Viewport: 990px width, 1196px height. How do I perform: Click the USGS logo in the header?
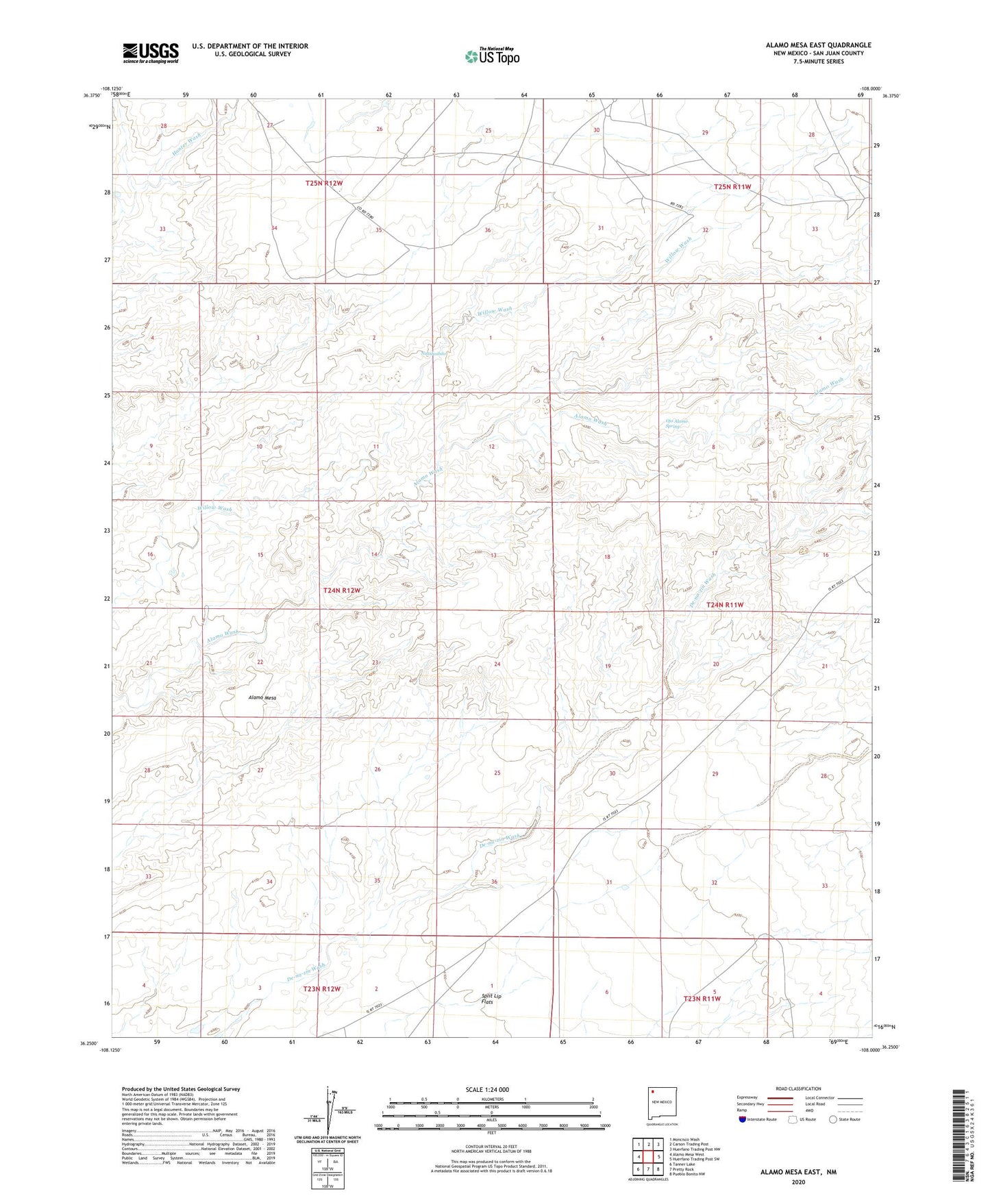151,52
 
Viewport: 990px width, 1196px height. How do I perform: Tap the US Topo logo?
491,56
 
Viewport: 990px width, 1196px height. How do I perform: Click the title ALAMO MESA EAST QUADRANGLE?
818,45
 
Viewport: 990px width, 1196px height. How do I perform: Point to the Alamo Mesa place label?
262,697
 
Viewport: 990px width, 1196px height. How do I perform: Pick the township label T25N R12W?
323,183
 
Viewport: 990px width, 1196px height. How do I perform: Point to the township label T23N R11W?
702,999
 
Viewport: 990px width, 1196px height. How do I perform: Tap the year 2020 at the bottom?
797,1182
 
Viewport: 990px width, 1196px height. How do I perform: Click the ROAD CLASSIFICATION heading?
798,1088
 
